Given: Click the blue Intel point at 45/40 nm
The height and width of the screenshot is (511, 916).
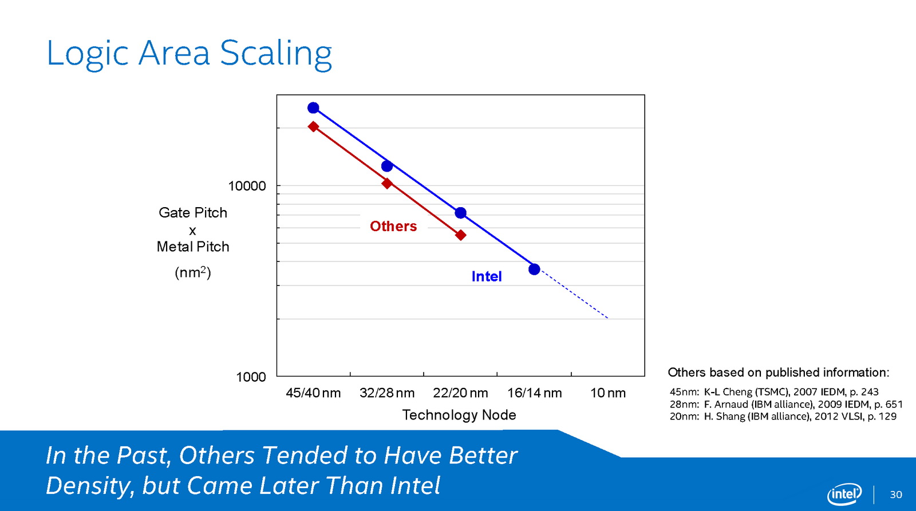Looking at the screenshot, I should [313, 108].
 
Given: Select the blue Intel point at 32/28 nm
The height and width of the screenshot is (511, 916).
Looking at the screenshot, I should [387, 166].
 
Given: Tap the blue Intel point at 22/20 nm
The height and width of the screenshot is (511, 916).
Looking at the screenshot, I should [461, 213].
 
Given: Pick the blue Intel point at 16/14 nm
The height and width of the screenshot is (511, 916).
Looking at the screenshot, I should [534, 269].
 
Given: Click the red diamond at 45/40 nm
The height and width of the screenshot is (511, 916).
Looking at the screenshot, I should [313, 126].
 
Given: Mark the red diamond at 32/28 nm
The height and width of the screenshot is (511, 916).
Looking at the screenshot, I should [387, 183].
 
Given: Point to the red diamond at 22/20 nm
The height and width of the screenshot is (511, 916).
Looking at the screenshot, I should [461, 235].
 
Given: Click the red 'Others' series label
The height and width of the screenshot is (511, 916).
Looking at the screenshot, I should [393, 226].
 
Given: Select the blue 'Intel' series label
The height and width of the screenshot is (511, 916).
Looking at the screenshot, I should [487, 276].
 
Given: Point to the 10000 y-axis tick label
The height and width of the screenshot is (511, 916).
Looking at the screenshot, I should [247, 186].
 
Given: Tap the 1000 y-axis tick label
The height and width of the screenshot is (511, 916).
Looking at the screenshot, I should [251, 377].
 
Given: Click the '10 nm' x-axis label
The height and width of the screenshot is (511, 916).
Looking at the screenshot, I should [608, 393].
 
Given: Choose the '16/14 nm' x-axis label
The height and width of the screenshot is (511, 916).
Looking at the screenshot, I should [534, 393].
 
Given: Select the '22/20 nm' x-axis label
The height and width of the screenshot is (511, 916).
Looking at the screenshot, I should [461, 393].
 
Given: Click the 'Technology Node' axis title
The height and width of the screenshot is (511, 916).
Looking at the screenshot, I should [459, 415].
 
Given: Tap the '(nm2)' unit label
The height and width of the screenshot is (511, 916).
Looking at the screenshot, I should [193, 272].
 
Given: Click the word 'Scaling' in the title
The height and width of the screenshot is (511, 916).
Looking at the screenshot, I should [276, 53].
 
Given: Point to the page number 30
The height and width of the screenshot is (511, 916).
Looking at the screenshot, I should [896, 494].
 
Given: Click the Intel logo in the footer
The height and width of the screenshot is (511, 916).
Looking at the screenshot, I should [844, 494].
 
